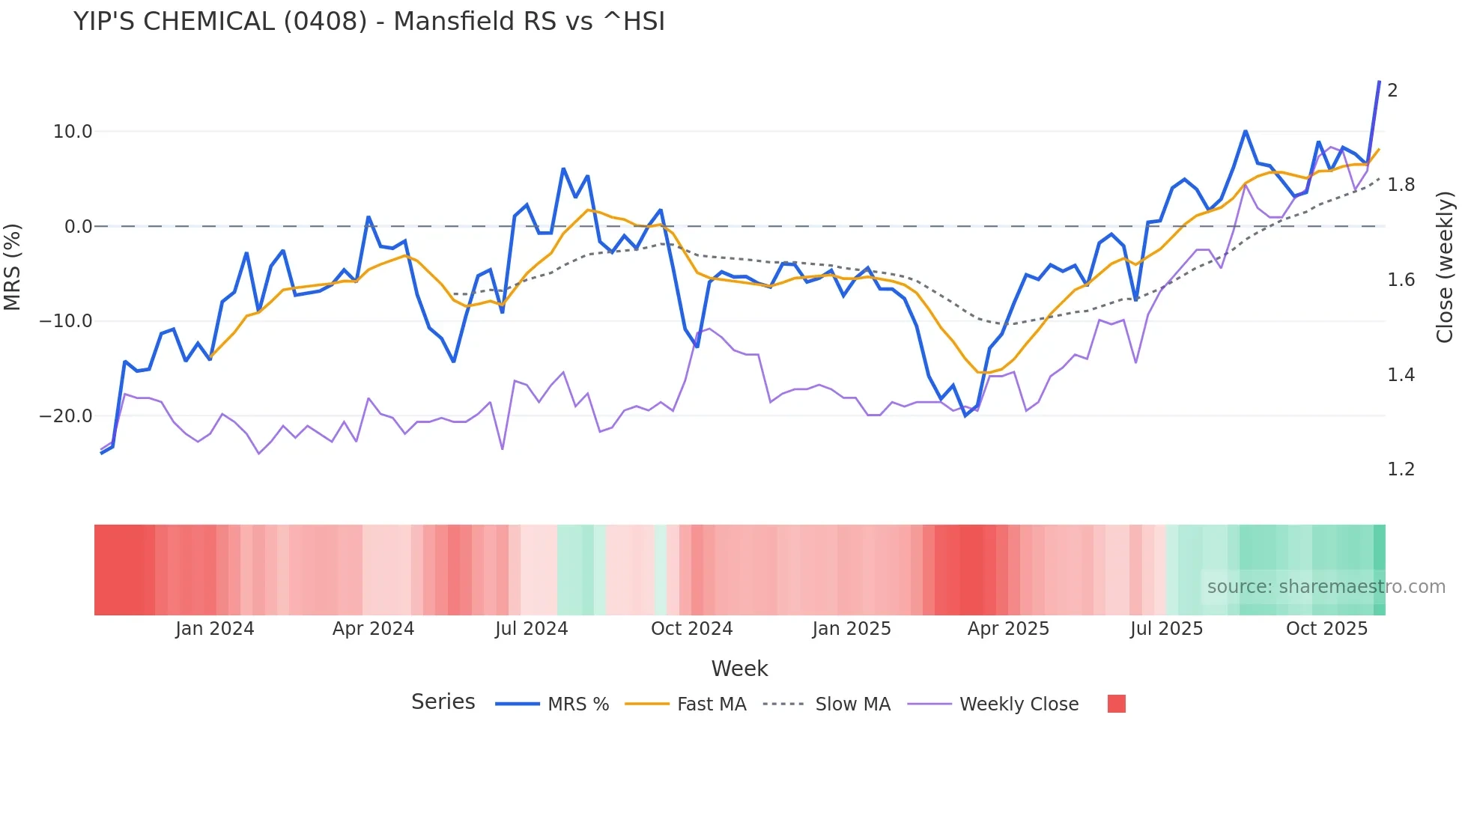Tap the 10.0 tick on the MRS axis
click(x=73, y=132)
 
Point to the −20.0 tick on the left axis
click(x=66, y=416)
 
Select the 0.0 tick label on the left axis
click(x=78, y=227)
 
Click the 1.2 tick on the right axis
click(x=1401, y=469)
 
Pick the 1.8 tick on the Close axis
click(x=1401, y=185)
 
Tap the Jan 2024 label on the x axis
click(x=215, y=629)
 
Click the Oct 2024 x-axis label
click(x=691, y=629)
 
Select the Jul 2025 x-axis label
click(x=1166, y=629)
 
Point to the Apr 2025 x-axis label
click(x=1008, y=629)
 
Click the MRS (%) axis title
click(x=13, y=267)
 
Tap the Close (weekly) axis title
click(x=1445, y=267)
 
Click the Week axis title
click(x=739, y=669)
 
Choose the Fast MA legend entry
click(x=711, y=704)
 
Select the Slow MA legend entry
click(x=852, y=704)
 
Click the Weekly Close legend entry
click(x=1019, y=704)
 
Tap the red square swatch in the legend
click(x=1116, y=704)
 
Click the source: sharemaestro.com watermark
click(x=1326, y=587)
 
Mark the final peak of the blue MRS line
click(x=1379, y=82)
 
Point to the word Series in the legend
click(x=443, y=702)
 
